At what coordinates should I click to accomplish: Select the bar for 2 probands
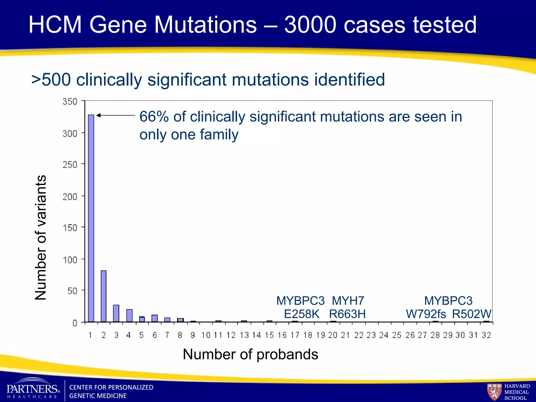(x=103, y=296)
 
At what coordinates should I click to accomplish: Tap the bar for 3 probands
(x=116, y=313)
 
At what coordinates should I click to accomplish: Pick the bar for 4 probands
(x=129, y=315)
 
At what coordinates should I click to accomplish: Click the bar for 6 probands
(x=154, y=318)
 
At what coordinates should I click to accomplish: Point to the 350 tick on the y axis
(x=70, y=102)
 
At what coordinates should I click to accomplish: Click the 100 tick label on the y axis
(x=70, y=260)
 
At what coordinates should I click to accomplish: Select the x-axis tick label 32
(x=486, y=335)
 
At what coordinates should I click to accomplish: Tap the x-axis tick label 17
(x=295, y=335)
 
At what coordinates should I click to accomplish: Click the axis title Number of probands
(x=250, y=354)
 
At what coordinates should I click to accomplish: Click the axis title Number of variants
(x=41, y=237)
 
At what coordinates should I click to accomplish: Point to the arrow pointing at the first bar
(x=115, y=115)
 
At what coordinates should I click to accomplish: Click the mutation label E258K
(x=301, y=314)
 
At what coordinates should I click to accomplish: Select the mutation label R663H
(x=347, y=314)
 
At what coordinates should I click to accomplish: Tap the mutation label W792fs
(x=426, y=314)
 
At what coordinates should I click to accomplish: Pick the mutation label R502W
(x=472, y=314)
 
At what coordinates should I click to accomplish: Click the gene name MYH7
(x=348, y=301)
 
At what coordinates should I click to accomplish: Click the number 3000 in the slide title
(x=310, y=25)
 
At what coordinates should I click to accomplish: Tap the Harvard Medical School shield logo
(x=494, y=392)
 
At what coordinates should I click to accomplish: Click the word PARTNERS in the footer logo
(x=32, y=389)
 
